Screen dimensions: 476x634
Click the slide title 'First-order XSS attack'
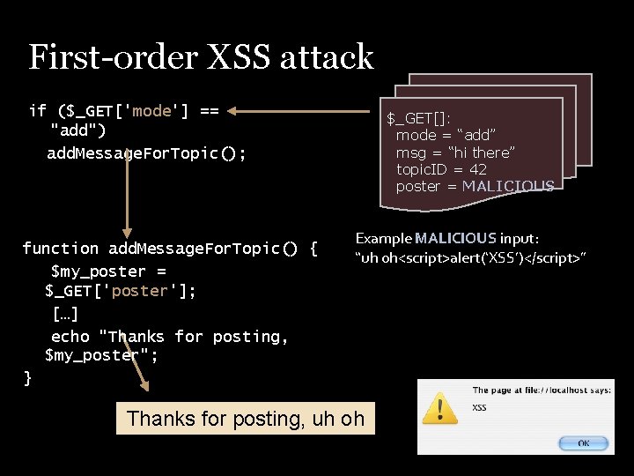click(201, 57)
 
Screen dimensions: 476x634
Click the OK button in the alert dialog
click(583, 443)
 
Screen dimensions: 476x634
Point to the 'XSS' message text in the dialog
click(480, 407)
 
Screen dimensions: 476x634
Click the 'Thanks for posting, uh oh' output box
click(245, 419)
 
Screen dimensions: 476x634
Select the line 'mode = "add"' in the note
click(446, 135)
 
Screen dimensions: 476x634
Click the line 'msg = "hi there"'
click(455, 152)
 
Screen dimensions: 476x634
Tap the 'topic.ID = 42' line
click(441, 169)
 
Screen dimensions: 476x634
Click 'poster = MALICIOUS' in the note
click(475, 186)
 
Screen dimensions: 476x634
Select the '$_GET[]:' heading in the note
click(419, 118)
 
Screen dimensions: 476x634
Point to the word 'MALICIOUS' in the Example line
click(455, 238)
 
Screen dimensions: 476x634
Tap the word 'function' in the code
click(60, 249)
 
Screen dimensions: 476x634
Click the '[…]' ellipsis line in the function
click(64, 314)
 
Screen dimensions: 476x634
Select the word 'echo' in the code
click(70, 336)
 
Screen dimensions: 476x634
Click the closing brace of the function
click(27, 378)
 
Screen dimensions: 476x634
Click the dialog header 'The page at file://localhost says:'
click(542, 390)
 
